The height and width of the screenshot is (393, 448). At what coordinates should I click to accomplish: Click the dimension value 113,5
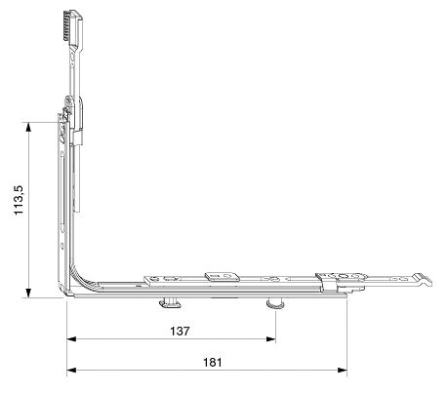[x=19, y=200]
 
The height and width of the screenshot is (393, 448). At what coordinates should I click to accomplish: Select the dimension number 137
[x=180, y=331]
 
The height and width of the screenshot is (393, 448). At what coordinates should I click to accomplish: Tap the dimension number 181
[x=212, y=362]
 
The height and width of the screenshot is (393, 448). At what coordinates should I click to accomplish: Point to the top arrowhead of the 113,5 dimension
[x=29, y=127]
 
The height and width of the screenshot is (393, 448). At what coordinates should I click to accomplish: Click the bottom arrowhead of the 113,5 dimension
[x=29, y=293]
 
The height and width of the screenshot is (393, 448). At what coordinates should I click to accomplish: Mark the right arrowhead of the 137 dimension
[x=271, y=339]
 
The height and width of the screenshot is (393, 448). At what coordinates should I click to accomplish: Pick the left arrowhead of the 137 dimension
[x=71, y=339]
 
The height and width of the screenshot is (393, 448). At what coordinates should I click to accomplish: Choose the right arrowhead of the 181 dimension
[x=343, y=370]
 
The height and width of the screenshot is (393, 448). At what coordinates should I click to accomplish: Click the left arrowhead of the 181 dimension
[x=71, y=370]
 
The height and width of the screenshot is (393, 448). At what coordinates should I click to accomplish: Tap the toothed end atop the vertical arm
[x=72, y=26]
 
